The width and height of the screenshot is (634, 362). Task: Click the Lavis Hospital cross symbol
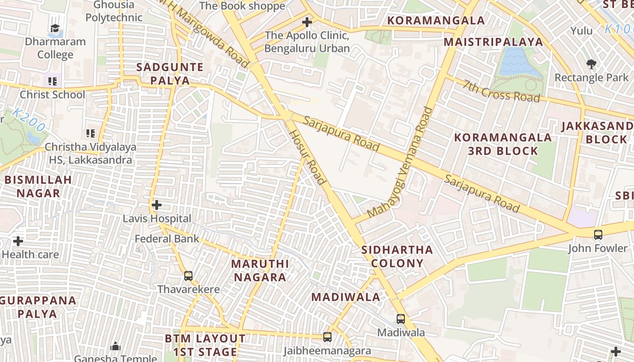click(157, 205)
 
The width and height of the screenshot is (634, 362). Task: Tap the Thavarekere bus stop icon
click(188, 276)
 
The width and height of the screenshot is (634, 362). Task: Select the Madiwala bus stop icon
click(401, 319)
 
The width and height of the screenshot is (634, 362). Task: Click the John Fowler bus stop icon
click(598, 234)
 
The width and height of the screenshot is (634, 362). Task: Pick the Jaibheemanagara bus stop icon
click(327, 337)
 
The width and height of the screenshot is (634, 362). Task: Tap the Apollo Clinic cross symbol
click(307, 22)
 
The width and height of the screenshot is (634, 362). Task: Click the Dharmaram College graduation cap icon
click(55, 29)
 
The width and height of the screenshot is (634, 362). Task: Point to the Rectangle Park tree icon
click(591, 64)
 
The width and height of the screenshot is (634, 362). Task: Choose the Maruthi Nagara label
click(259, 270)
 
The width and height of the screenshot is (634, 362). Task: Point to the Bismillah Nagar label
click(38, 186)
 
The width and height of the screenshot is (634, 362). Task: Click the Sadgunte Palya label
click(170, 74)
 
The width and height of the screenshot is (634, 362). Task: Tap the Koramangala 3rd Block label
click(503, 144)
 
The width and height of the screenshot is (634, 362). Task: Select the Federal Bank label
click(167, 238)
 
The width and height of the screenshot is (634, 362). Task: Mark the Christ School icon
click(53, 82)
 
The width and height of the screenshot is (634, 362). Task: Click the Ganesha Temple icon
click(115, 346)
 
